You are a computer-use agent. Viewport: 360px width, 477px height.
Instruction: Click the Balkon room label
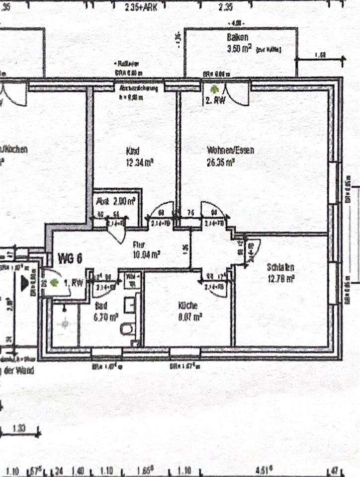237,38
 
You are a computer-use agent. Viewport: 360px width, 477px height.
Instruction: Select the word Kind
132,151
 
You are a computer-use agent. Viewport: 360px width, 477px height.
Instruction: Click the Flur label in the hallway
138,244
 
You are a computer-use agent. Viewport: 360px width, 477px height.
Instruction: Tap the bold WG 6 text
70,258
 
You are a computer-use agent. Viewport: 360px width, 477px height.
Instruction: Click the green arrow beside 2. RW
214,89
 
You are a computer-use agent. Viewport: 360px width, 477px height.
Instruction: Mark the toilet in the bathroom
128,328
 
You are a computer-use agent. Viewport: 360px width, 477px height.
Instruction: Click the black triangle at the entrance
23,284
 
